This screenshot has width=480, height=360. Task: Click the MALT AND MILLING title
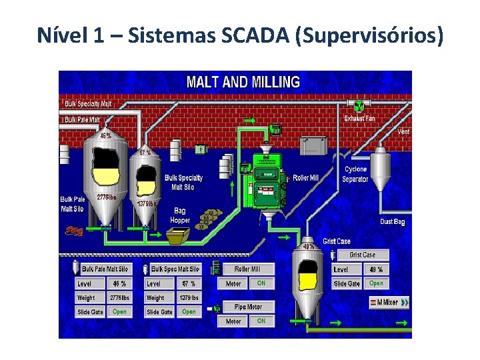(x=243, y=83)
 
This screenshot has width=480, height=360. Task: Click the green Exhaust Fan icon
(x=358, y=106)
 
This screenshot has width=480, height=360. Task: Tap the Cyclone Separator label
(x=355, y=174)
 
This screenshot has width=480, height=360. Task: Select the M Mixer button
(x=389, y=302)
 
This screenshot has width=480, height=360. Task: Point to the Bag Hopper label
(x=180, y=215)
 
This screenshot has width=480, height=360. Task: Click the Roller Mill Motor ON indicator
(x=261, y=283)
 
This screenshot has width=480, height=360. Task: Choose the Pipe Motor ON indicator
(x=261, y=321)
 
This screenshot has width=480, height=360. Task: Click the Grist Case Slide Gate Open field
(x=376, y=283)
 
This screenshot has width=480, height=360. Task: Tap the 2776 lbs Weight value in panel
(x=119, y=298)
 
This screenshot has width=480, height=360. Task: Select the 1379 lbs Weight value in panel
(x=189, y=298)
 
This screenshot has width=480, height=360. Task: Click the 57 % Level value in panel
(x=189, y=283)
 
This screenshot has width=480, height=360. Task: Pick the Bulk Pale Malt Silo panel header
(x=106, y=269)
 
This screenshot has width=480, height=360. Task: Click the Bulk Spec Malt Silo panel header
(x=175, y=269)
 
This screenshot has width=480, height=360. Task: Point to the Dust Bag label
(x=392, y=221)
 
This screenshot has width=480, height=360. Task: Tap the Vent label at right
(x=403, y=131)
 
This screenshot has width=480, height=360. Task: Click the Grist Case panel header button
(x=362, y=255)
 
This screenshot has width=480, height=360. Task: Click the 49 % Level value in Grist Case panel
(x=376, y=269)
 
